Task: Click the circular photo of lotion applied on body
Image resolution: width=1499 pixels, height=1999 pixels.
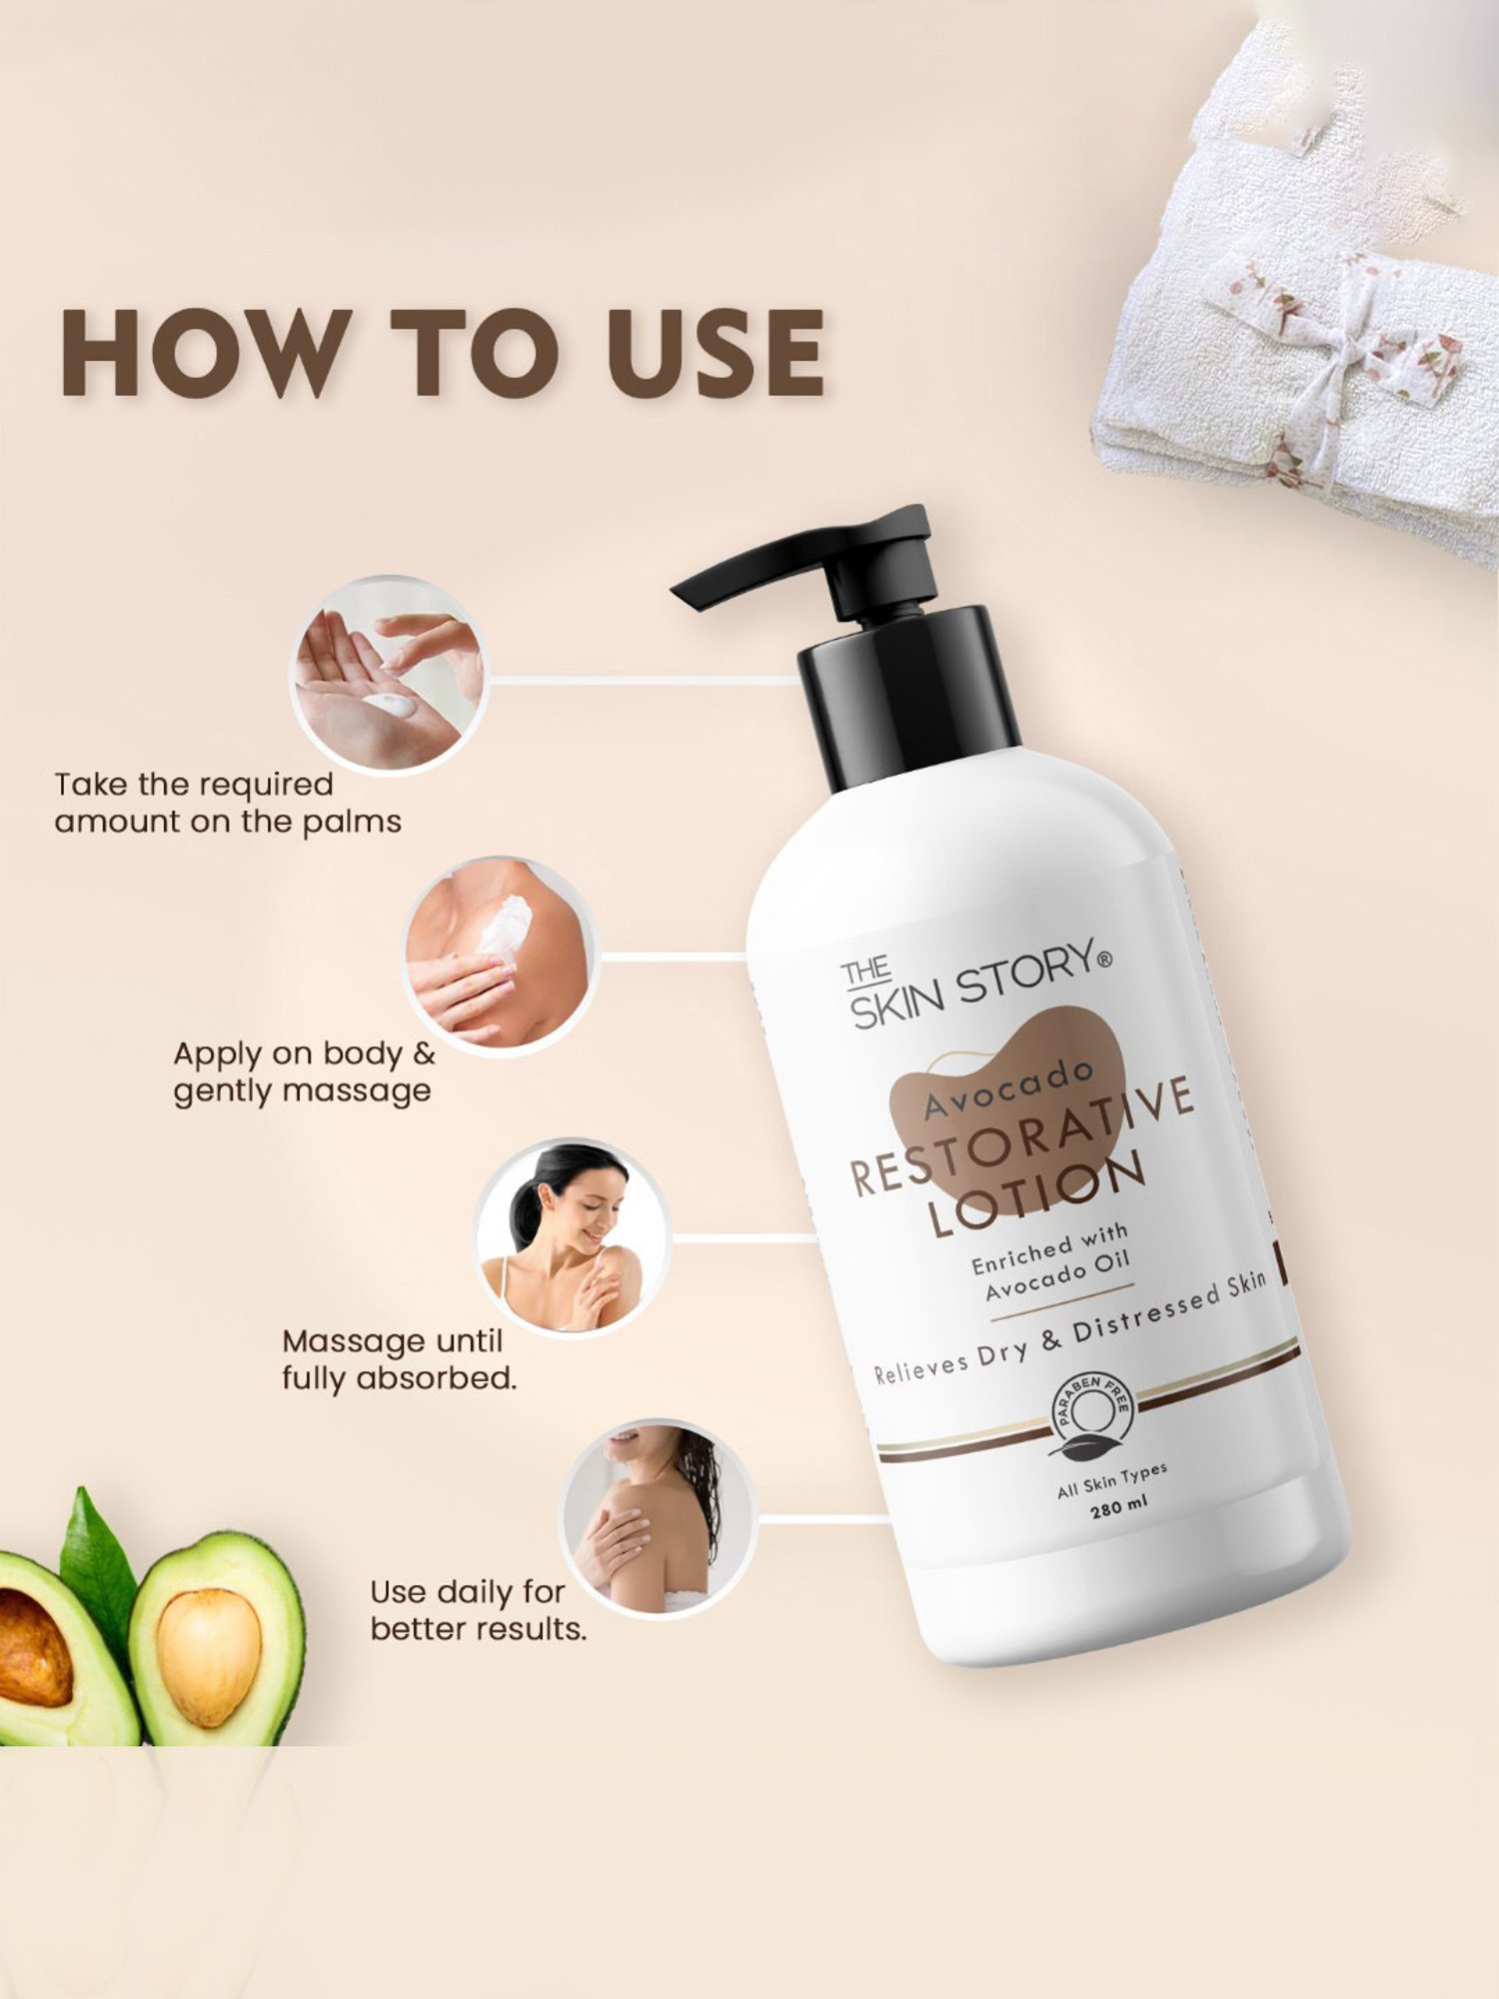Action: click(500, 955)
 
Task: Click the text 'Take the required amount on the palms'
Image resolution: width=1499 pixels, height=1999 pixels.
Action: click(228, 803)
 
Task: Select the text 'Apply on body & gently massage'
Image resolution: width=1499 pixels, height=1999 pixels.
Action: click(304, 1071)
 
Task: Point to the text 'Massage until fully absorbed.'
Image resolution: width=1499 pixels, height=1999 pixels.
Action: click(399, 1359)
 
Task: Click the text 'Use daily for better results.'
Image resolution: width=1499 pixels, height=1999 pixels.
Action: click(478, 1610)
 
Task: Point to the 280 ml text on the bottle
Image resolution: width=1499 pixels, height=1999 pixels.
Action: click(1119, 1505)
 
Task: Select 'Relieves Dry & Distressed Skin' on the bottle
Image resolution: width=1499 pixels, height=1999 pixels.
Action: click(1069, 1329)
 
